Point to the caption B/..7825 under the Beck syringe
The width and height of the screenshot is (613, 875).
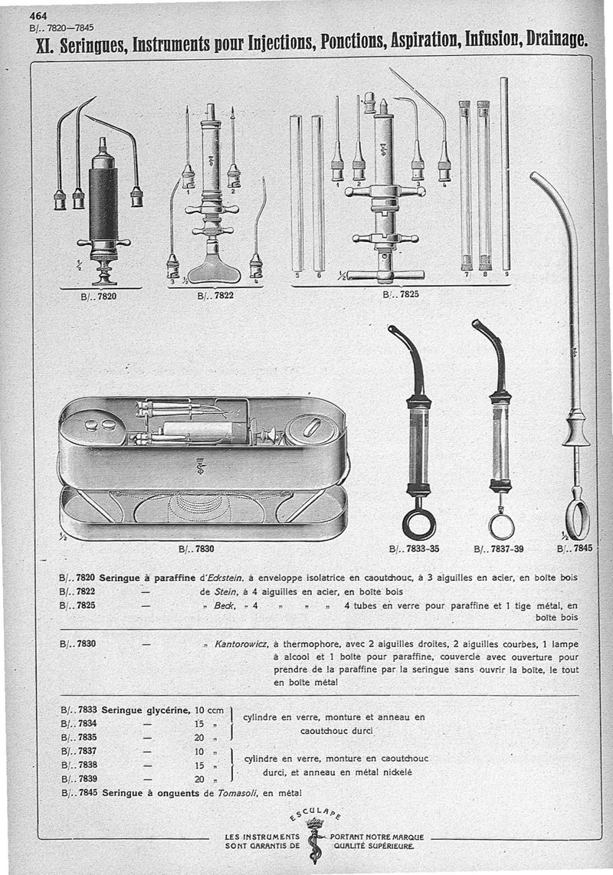point(398,293)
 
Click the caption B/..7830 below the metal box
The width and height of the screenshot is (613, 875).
point(199,549)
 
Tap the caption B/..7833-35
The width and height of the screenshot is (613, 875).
point(414,549)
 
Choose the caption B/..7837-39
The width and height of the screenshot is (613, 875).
point(499,549)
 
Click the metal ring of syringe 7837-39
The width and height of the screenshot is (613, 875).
point(501,526)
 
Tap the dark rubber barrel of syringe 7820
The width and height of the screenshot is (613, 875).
point(103,202)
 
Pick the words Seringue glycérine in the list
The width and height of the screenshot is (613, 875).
point(145,710)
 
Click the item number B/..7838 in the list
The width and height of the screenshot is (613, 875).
point(77,765)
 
